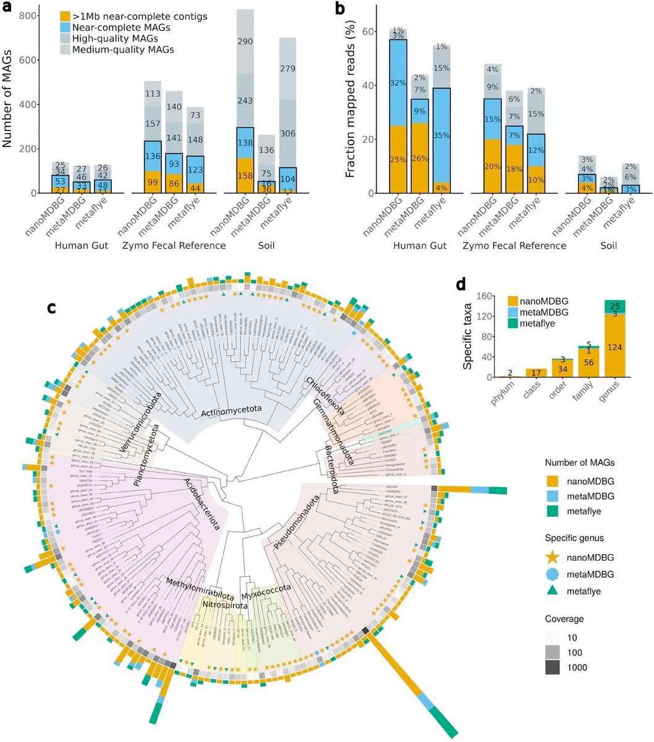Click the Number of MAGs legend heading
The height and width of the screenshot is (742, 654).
579,463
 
